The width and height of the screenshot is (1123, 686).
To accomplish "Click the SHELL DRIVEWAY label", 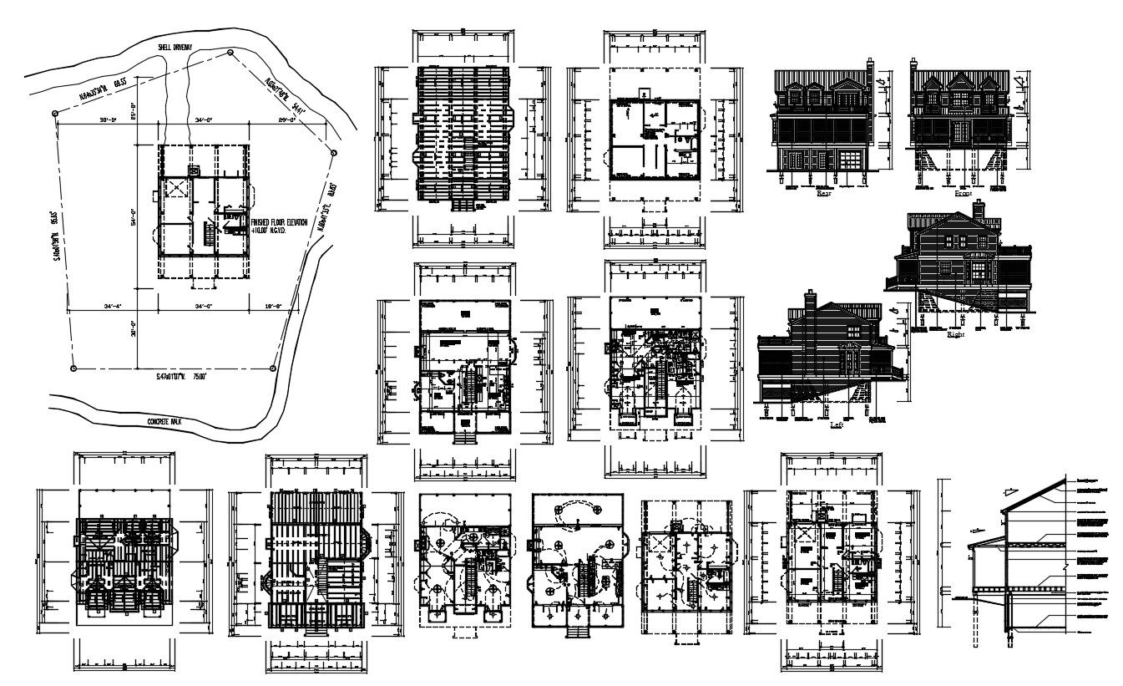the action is [x=175, y=48].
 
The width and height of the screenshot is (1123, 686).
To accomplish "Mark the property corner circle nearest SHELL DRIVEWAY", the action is [x=230, y=52].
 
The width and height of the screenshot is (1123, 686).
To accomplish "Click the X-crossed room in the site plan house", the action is [x=175, y=188].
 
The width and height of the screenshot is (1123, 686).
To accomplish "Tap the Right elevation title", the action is [x=955, y=333].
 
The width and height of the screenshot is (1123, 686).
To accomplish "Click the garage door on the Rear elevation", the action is [x=849, y=160].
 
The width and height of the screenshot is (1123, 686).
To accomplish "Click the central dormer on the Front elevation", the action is [x=960, y=84].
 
